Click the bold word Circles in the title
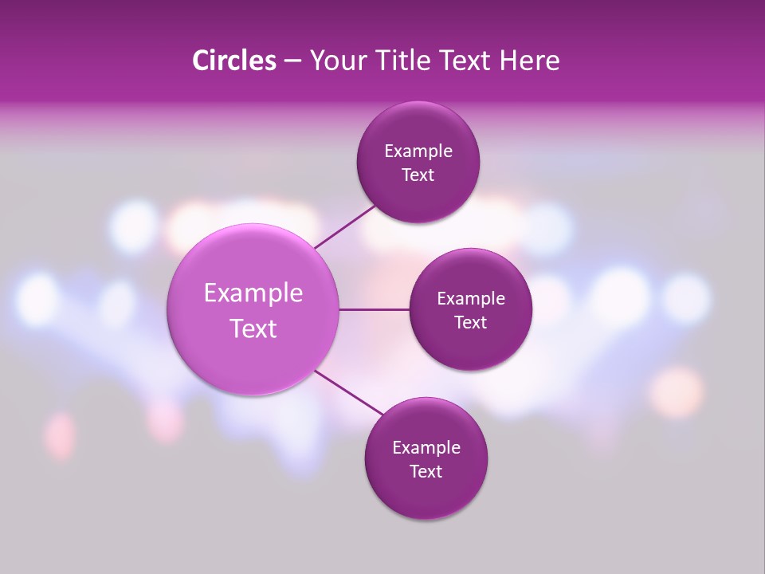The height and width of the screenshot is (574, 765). tap(233, 61)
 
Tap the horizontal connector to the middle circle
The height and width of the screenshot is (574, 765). tap(374, 309)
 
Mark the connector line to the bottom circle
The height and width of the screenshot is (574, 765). tap(348, 393)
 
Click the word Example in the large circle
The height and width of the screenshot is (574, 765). tap(253, 293)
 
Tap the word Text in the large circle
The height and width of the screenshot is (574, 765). tap(253, 328)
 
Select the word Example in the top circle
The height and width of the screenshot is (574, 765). tap(418, 151)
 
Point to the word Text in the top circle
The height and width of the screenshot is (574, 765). tap(418, 175)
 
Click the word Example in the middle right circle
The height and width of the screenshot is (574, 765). tap(471, 298)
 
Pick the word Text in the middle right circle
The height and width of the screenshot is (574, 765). tap(471, 322)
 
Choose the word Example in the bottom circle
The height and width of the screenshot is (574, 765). tap(426, 447)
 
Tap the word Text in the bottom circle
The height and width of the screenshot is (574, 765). tap(426, 471)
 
